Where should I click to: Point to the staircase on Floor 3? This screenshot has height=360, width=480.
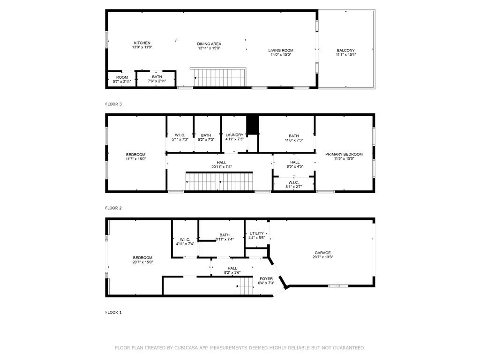click(x=219, y=78)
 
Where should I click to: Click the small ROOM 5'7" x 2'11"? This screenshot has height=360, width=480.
click(x=122, y=79)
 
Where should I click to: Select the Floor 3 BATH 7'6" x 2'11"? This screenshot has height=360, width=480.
click(x=157, y=79)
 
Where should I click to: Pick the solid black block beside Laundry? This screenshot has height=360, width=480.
click(x=253, y=124)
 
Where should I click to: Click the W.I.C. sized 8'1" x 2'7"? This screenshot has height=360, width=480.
click(x=293, y=185)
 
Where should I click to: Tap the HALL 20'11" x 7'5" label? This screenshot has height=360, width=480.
click(x=221, y=165)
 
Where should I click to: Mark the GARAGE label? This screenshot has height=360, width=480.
click(x=322, y=255)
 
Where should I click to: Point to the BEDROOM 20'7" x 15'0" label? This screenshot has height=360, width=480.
click(x=142, y=260)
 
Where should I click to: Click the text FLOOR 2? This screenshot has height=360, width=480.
click(x=113, y=208)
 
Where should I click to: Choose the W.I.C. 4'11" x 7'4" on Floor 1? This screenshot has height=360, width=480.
click(x=185, y=241)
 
